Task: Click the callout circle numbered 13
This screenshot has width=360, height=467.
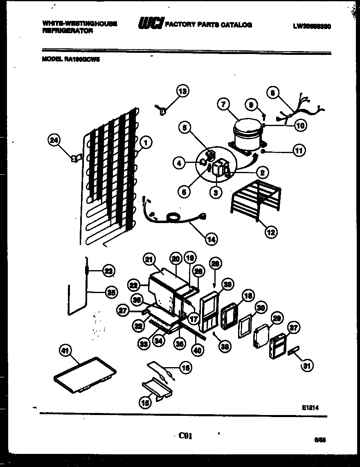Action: tap(182, 92)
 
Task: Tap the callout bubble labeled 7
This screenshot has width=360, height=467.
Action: tap(223, 104)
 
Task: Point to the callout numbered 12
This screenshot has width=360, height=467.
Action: tap(270, 233)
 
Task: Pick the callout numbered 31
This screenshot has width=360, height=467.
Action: tap(306, 366)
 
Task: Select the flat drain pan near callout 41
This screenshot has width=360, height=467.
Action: tap(85, 374)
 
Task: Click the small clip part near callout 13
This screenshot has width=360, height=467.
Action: tap(162, 109)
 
